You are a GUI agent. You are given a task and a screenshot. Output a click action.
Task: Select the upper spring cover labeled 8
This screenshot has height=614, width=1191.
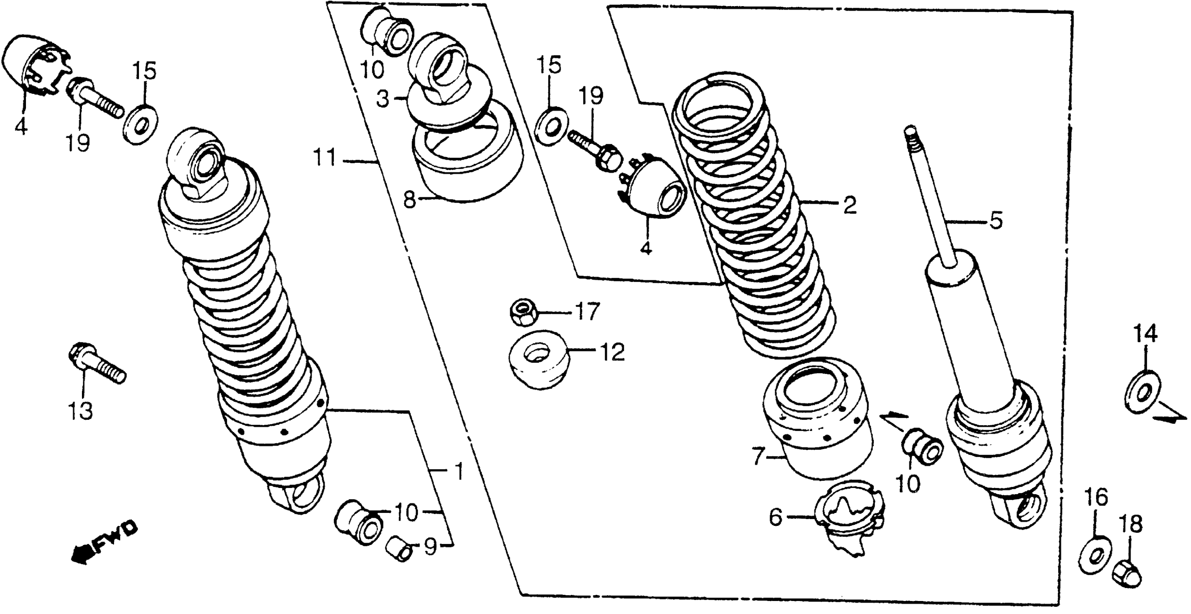coord(467,157)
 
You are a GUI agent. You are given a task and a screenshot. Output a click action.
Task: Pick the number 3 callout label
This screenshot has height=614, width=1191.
coord(383,99)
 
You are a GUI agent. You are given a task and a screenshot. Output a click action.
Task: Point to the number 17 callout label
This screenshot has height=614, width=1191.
coord(587,311)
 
